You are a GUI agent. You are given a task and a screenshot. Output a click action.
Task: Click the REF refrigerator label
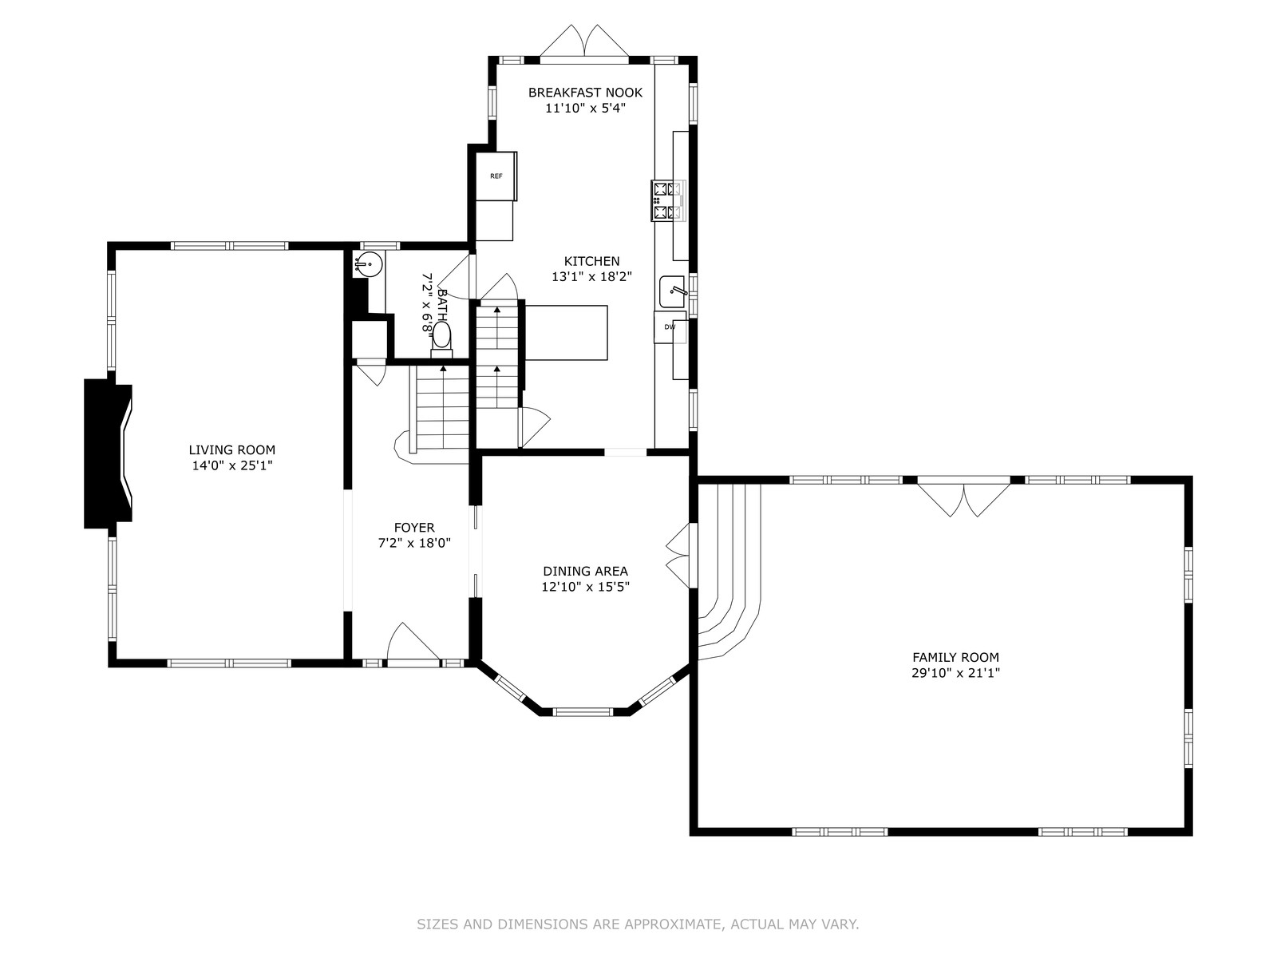pos(496,176)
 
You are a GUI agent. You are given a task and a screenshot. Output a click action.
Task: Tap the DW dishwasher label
pos(670,327)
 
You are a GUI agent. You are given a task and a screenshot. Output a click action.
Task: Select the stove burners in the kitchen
pos(667,200)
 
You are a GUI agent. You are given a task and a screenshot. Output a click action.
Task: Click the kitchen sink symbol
pos(673,291)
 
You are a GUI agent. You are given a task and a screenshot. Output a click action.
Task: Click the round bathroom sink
pos(368,264)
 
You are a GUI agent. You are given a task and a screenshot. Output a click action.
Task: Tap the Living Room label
pos(232,449)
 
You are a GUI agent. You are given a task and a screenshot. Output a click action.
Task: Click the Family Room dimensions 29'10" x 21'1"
pos(955,673)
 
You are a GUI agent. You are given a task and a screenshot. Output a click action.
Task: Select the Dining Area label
pos(585,571)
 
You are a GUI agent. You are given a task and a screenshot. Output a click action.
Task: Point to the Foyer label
pos(414,528)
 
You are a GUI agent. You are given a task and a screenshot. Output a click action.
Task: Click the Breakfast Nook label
pos(585,92)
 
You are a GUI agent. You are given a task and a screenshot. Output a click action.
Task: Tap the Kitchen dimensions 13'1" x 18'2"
pos(591,276)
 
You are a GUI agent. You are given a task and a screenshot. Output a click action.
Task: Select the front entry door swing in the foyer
pos(413,642)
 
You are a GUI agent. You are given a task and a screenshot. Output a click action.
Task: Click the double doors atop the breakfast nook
pos(584,42)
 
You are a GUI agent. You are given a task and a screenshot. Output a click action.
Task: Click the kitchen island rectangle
pos(566,333)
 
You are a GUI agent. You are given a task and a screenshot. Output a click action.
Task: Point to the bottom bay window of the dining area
pos(583,711)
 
